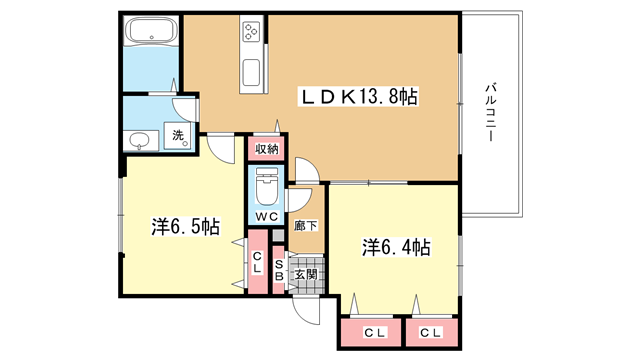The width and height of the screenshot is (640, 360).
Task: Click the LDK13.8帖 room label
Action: (360, 97)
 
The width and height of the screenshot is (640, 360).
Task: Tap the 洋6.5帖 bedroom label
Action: (186, 226)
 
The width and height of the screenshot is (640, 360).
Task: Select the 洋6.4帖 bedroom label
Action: (396, 247)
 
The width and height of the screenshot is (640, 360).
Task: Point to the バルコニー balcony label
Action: (491, 112)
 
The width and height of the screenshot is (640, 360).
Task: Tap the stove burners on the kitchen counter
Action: (251, 31)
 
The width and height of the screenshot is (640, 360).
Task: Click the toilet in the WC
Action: (267, 186)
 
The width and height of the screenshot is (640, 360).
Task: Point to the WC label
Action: (267, 216)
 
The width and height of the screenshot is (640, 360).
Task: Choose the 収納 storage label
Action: (267, 149)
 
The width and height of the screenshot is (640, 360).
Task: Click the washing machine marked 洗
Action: (178, 135)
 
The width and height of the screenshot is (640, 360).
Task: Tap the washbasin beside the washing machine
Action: (141, 141)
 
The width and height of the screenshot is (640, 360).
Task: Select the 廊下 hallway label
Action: (306, 225)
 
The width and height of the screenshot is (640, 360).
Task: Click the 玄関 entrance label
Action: (306, 274)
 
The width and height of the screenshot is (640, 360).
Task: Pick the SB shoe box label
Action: (279, 270)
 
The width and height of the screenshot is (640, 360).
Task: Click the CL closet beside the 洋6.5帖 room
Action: (258, 262)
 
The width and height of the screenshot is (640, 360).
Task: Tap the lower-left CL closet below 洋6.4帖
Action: (371, 333)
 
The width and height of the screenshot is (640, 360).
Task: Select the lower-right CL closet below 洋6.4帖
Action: (432, 333)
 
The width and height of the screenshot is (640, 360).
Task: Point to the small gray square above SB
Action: (278, 236)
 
